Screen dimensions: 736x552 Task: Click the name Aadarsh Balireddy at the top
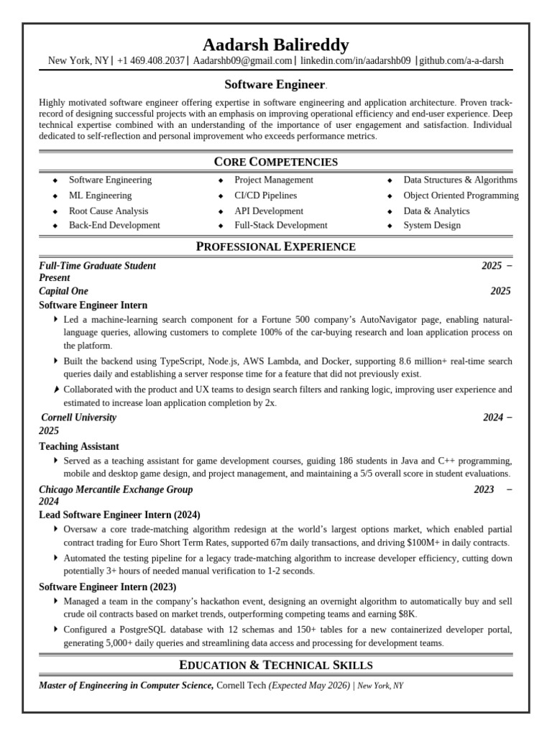(275, 45)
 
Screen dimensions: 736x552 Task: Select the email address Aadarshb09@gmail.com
(243, 61)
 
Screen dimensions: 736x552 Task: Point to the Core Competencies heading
(275, 162)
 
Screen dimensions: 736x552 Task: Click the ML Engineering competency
(100, 195)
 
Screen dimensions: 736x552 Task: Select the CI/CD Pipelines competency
(265, 195)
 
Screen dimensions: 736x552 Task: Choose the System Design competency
(432, 226)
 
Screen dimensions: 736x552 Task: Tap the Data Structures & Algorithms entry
(460, 180)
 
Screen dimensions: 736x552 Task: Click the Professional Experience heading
(275, 247)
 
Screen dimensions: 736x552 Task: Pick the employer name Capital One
(63, 291)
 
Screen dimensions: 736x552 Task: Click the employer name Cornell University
(78, 418)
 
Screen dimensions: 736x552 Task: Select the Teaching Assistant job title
(79, 446)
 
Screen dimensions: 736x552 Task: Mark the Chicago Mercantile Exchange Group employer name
(116, 489)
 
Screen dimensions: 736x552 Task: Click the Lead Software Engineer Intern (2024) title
(119, 515)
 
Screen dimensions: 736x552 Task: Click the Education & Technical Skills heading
(275, 665)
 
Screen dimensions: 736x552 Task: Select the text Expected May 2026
(309, 686)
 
